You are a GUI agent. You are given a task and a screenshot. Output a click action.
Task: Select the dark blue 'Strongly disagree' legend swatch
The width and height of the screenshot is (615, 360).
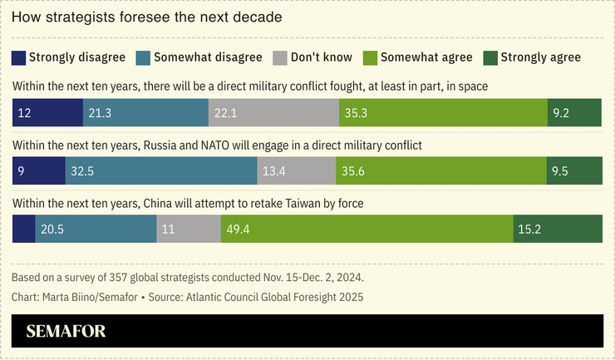tap(18, 57)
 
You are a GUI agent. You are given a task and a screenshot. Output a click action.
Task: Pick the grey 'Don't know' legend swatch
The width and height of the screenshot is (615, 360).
tap(278, 57)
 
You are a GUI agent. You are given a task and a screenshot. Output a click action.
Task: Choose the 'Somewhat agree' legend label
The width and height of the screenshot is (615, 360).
tap(426, 57)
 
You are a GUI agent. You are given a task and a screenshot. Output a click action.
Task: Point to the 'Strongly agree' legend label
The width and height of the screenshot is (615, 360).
tap(540, 57)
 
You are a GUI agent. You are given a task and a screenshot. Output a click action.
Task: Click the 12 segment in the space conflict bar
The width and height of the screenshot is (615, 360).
tap(47, 113)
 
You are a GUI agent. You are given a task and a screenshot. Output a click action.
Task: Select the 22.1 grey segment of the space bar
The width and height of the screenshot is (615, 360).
tap(273, 113)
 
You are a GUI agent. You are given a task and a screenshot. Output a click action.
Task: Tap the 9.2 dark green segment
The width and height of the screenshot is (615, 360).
tap(574, 113)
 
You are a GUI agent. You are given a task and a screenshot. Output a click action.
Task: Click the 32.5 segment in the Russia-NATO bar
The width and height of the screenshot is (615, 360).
tap(161, 170)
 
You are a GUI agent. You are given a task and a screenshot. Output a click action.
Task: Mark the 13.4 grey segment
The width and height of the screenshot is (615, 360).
tap(297, 170)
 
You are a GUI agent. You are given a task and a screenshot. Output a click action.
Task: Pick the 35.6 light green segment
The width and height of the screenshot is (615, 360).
tap(440, 170)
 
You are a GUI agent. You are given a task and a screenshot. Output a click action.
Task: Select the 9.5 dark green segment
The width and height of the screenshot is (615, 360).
tap(573, 170)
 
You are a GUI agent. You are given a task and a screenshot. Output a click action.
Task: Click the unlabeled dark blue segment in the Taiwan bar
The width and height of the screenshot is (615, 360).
tap(23, 229)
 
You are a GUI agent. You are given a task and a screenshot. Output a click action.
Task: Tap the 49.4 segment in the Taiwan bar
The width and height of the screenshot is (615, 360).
tap(367, 229)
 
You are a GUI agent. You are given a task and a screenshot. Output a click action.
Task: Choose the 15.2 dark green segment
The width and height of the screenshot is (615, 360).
tap(557, 229)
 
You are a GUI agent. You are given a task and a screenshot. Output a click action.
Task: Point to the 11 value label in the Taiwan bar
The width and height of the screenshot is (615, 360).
tap(168, 229)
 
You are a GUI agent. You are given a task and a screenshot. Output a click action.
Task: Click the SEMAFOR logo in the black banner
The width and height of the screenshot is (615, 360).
tap(66, 332)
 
